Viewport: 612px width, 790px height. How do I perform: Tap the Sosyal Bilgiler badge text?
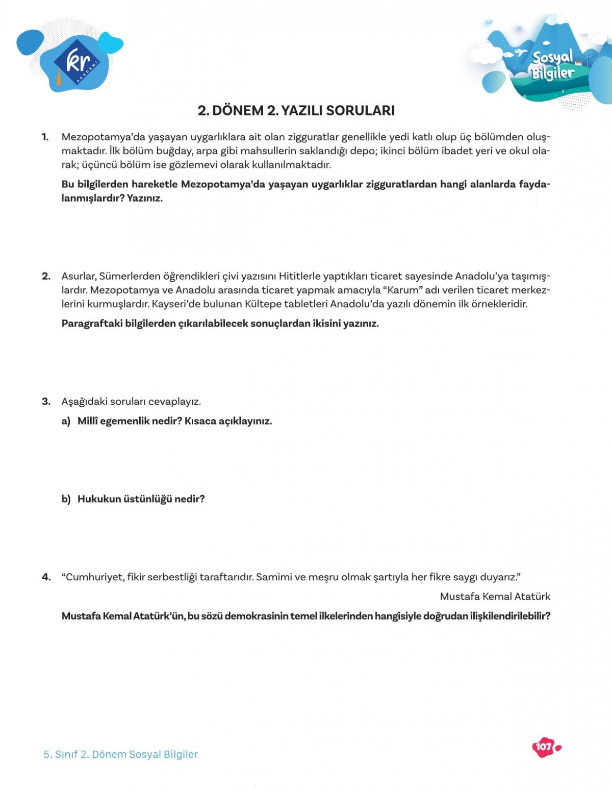point(553,65)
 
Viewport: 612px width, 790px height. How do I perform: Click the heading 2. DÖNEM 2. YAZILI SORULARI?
point(296,111)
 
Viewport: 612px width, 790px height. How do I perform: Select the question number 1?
point(45,137)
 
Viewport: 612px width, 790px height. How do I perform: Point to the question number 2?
point(46,276)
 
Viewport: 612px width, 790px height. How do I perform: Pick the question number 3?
point(46,402)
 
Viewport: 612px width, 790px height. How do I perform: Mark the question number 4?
point(46,577)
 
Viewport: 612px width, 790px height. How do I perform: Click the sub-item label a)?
point(66,421)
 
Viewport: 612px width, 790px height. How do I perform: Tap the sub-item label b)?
point(66,499)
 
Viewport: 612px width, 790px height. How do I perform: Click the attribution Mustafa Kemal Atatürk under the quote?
point(495,597)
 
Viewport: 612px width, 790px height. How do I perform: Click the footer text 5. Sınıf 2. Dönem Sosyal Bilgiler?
point(120,754)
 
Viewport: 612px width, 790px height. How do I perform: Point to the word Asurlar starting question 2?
point(79,276)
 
